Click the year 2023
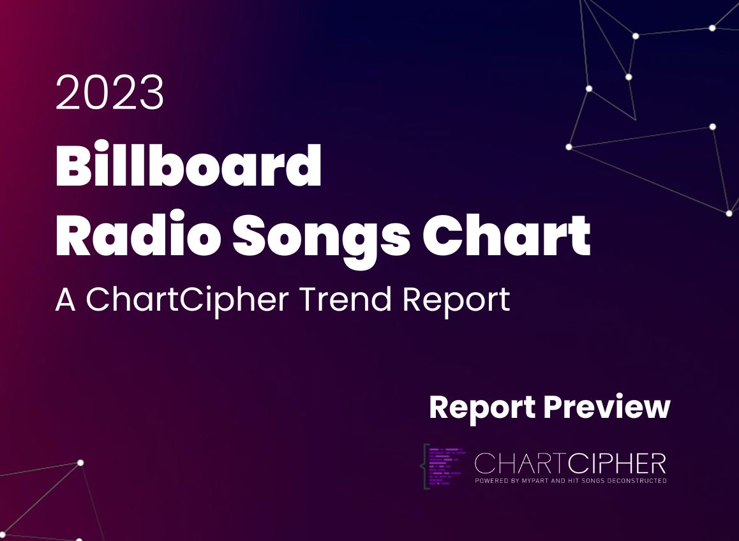110,93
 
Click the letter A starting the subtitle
65,299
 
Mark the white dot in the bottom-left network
80,463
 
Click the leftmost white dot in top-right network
569,147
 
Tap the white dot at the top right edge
712,28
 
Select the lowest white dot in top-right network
729,213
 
